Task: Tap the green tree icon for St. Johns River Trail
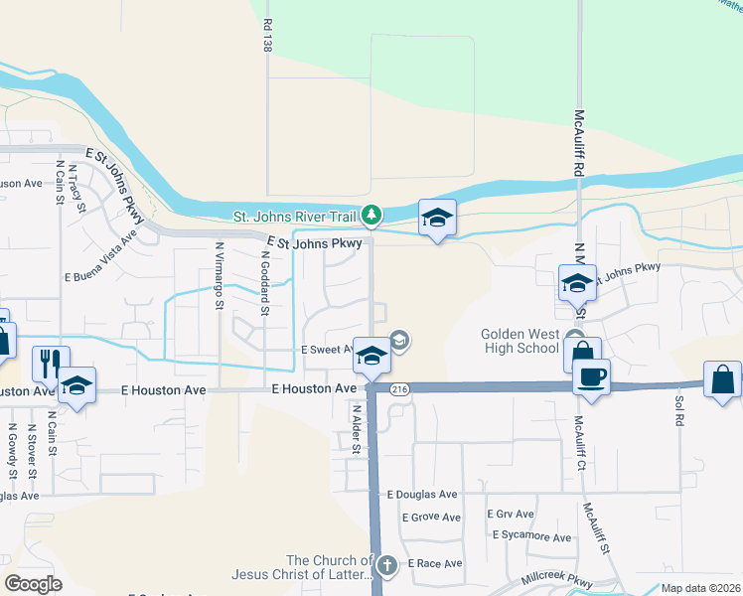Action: [371, 215]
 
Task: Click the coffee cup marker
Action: [592, 376]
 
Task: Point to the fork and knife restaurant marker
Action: [47, 364]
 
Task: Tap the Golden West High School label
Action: [520, 342]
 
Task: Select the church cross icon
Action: [387, 566]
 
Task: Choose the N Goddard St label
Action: [265, 282]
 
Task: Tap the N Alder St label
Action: [356, 428]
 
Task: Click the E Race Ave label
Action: [435, 563]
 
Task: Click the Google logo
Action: [34, 584]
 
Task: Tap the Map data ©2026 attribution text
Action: [701, 588]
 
